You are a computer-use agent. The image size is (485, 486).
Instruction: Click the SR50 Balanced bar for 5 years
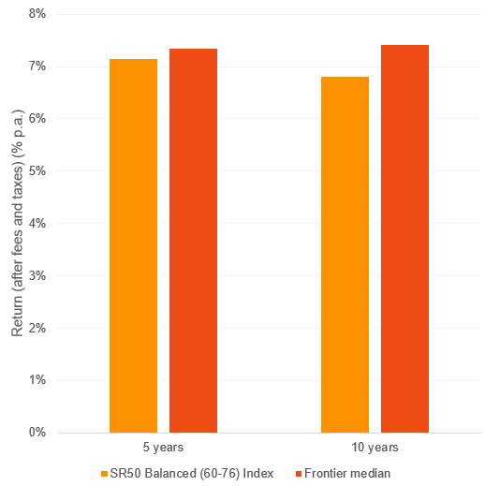point(133,245)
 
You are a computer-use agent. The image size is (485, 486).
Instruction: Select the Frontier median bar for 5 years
point(193,241)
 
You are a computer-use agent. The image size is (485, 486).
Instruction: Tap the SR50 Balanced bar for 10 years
point(345,254)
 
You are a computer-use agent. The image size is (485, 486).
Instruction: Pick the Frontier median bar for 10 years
point(404,239)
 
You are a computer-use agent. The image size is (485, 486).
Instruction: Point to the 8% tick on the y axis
point(37,14)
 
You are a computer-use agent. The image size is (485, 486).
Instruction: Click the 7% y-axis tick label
point(37,66)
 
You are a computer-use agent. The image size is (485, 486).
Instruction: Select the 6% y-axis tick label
point(37,119)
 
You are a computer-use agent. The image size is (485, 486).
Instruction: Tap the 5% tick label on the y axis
point(37,171)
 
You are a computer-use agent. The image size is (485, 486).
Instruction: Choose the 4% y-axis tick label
point(37,224)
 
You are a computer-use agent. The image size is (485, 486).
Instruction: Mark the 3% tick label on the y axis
point(37,275)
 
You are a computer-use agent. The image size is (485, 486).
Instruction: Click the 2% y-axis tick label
point(37,328)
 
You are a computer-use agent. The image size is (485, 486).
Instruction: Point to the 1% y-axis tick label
point(37,380)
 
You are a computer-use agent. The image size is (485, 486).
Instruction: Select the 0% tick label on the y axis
point(37,433)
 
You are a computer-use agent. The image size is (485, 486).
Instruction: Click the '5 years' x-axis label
point(163,448)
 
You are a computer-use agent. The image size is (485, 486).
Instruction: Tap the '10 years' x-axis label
point(375,448)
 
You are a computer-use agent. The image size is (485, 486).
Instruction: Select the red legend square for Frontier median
point(287,473)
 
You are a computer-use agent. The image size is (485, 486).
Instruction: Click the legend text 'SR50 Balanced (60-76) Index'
point(192,473)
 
